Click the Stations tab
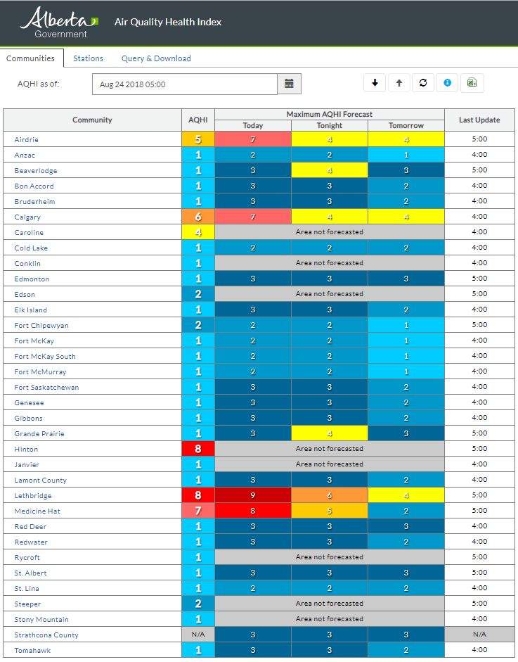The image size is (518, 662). [88, 58]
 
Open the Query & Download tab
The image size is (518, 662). [156, 58]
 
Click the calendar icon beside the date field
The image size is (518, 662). [289, 84]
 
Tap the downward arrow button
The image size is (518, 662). [375, 83]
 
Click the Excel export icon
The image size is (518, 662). [472, 83]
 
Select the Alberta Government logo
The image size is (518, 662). [59, 23]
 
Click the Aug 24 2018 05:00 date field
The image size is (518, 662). [185, 84]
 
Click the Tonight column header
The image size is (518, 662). [330, 125]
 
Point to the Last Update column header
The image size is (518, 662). [479, 120]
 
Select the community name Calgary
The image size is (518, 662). [27, 217]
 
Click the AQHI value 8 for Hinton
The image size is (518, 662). [198, 449]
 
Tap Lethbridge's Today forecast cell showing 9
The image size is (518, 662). [253, 495]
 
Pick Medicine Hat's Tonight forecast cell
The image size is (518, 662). [330, 511]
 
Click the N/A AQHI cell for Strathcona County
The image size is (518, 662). [198, 635]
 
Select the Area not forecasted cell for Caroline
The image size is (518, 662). [330, 232]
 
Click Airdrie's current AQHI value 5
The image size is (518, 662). [198, 139]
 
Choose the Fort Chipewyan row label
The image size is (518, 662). [41, 326]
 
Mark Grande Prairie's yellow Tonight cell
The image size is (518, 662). [330, 433]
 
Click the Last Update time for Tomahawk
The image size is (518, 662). [479, 650]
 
